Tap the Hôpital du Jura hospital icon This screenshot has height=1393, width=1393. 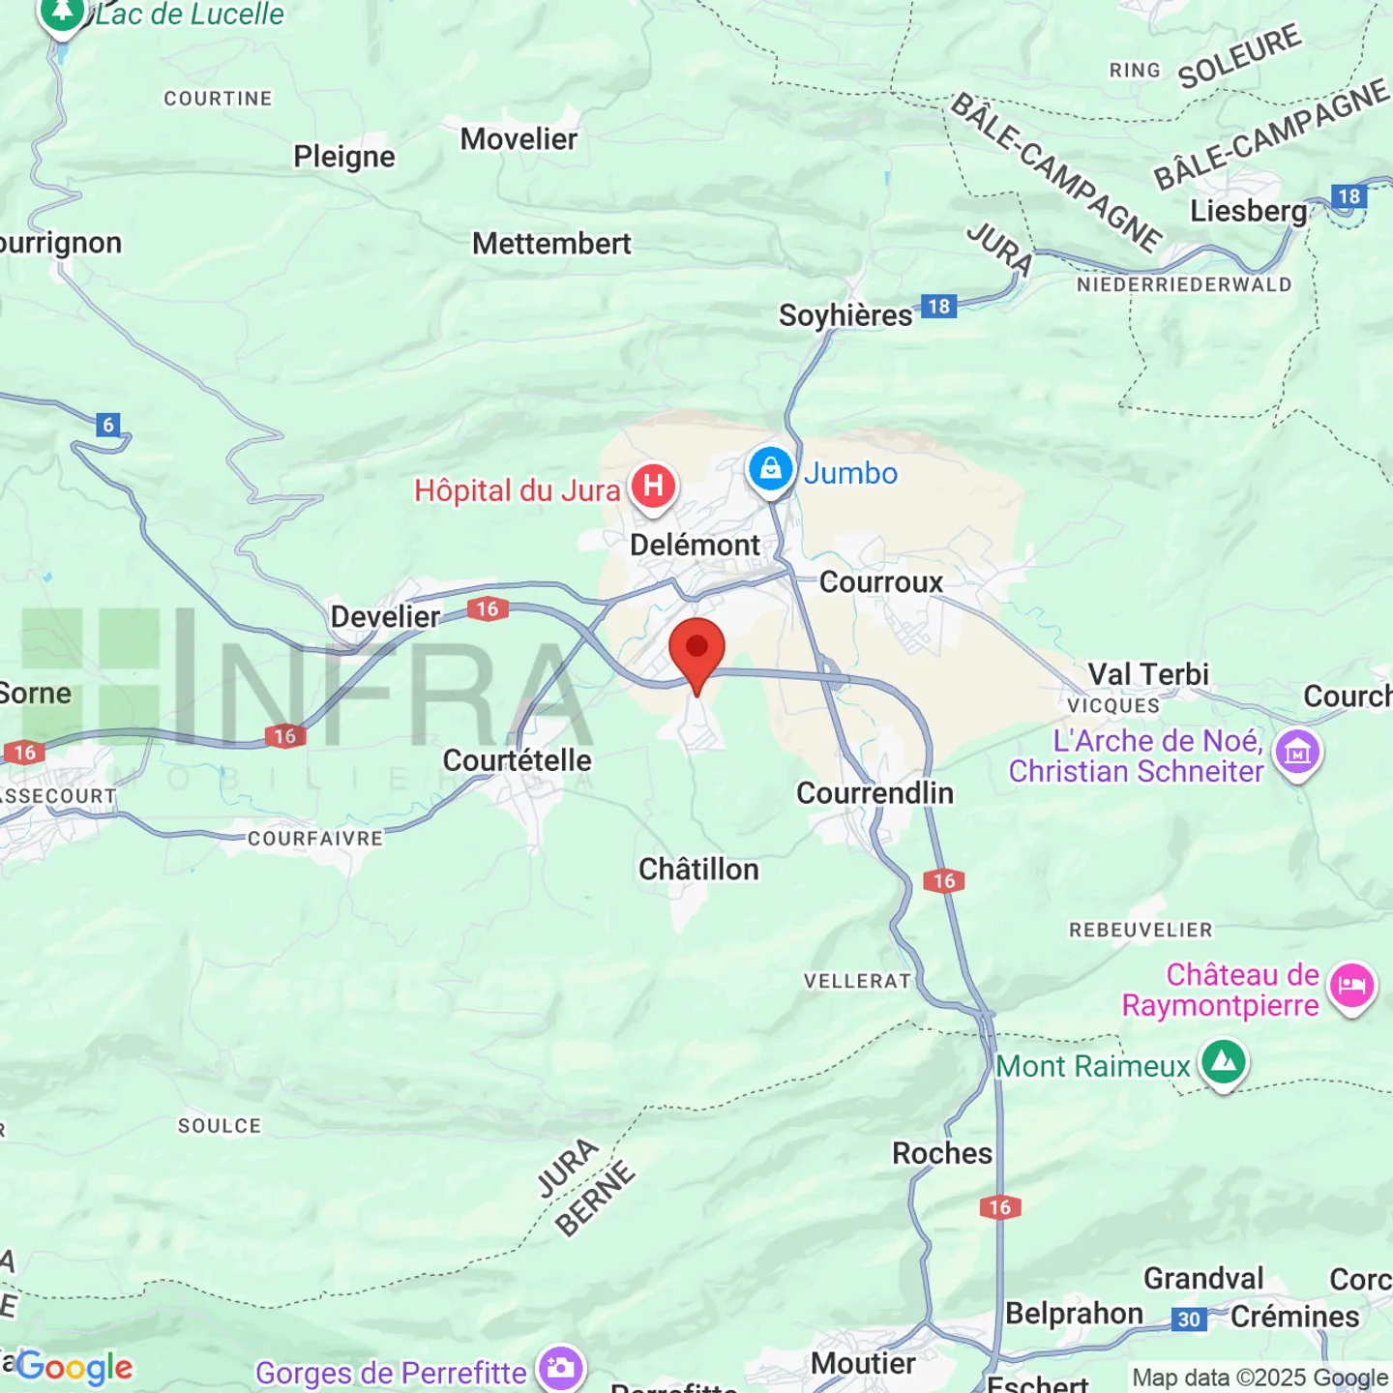click(x=653, y=486)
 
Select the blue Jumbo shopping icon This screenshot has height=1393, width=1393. click(x=771, y=470)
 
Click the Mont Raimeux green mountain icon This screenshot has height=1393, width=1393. click(x=1224, y=1062)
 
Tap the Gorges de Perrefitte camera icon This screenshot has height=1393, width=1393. click(x=561, y=1368)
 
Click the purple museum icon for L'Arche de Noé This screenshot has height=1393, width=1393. click(x=1296, y=753)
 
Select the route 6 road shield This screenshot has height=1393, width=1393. click(x=108, y=425)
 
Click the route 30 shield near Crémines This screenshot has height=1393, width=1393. click(x=1189, y=1319)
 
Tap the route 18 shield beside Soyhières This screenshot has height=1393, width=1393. click(x=938, y=307)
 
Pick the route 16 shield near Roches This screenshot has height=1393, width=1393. click(x=999, y=1207)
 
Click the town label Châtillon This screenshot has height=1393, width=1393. click(x=698, y=870)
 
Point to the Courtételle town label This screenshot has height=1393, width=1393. click(x=517, y=760)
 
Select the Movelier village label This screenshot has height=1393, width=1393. click(x=519, y=139)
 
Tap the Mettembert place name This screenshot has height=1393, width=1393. click(x=551, y=244)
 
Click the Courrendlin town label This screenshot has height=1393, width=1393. click(x=874, y=793)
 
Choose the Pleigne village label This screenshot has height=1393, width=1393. click(x=344, y=157)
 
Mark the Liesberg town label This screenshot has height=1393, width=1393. click(x=1248, y=211)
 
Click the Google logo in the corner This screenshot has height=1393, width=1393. click(x=74, y=1367)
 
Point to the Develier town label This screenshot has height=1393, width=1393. click(x=385, y=616)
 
